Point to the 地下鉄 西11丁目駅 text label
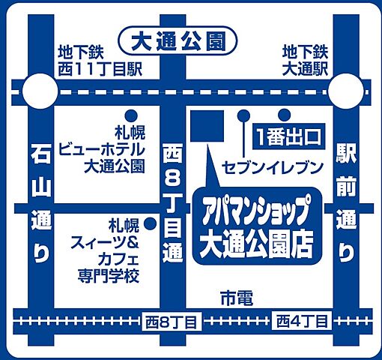point(100,60)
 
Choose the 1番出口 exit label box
point(287,136)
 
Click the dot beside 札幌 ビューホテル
point(130,115)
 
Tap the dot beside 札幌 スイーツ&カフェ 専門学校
point(150,223)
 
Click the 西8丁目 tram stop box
point(172,322)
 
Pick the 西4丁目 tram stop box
point(301,322)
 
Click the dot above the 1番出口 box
point(284,115)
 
